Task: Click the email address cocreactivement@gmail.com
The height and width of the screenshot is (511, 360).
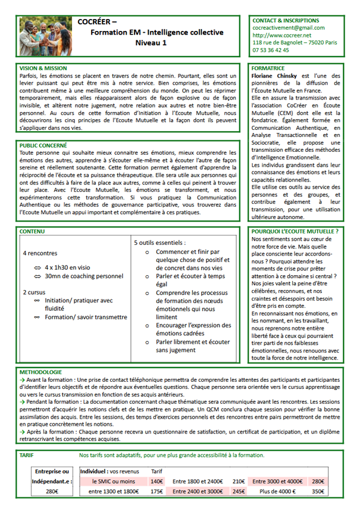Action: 289,27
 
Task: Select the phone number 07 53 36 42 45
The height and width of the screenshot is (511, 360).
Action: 271,51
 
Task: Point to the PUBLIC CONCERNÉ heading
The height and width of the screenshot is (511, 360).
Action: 43,145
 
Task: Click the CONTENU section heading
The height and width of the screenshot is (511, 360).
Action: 32,231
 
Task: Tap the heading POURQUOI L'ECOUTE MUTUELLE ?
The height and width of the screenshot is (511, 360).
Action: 296,231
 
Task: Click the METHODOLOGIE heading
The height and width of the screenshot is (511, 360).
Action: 40,371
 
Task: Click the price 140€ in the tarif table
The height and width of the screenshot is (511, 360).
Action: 156,481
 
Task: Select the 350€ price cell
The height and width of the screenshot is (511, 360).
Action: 318,492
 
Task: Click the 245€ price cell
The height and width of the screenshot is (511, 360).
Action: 239,492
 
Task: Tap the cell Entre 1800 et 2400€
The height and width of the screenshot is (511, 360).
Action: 198,481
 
